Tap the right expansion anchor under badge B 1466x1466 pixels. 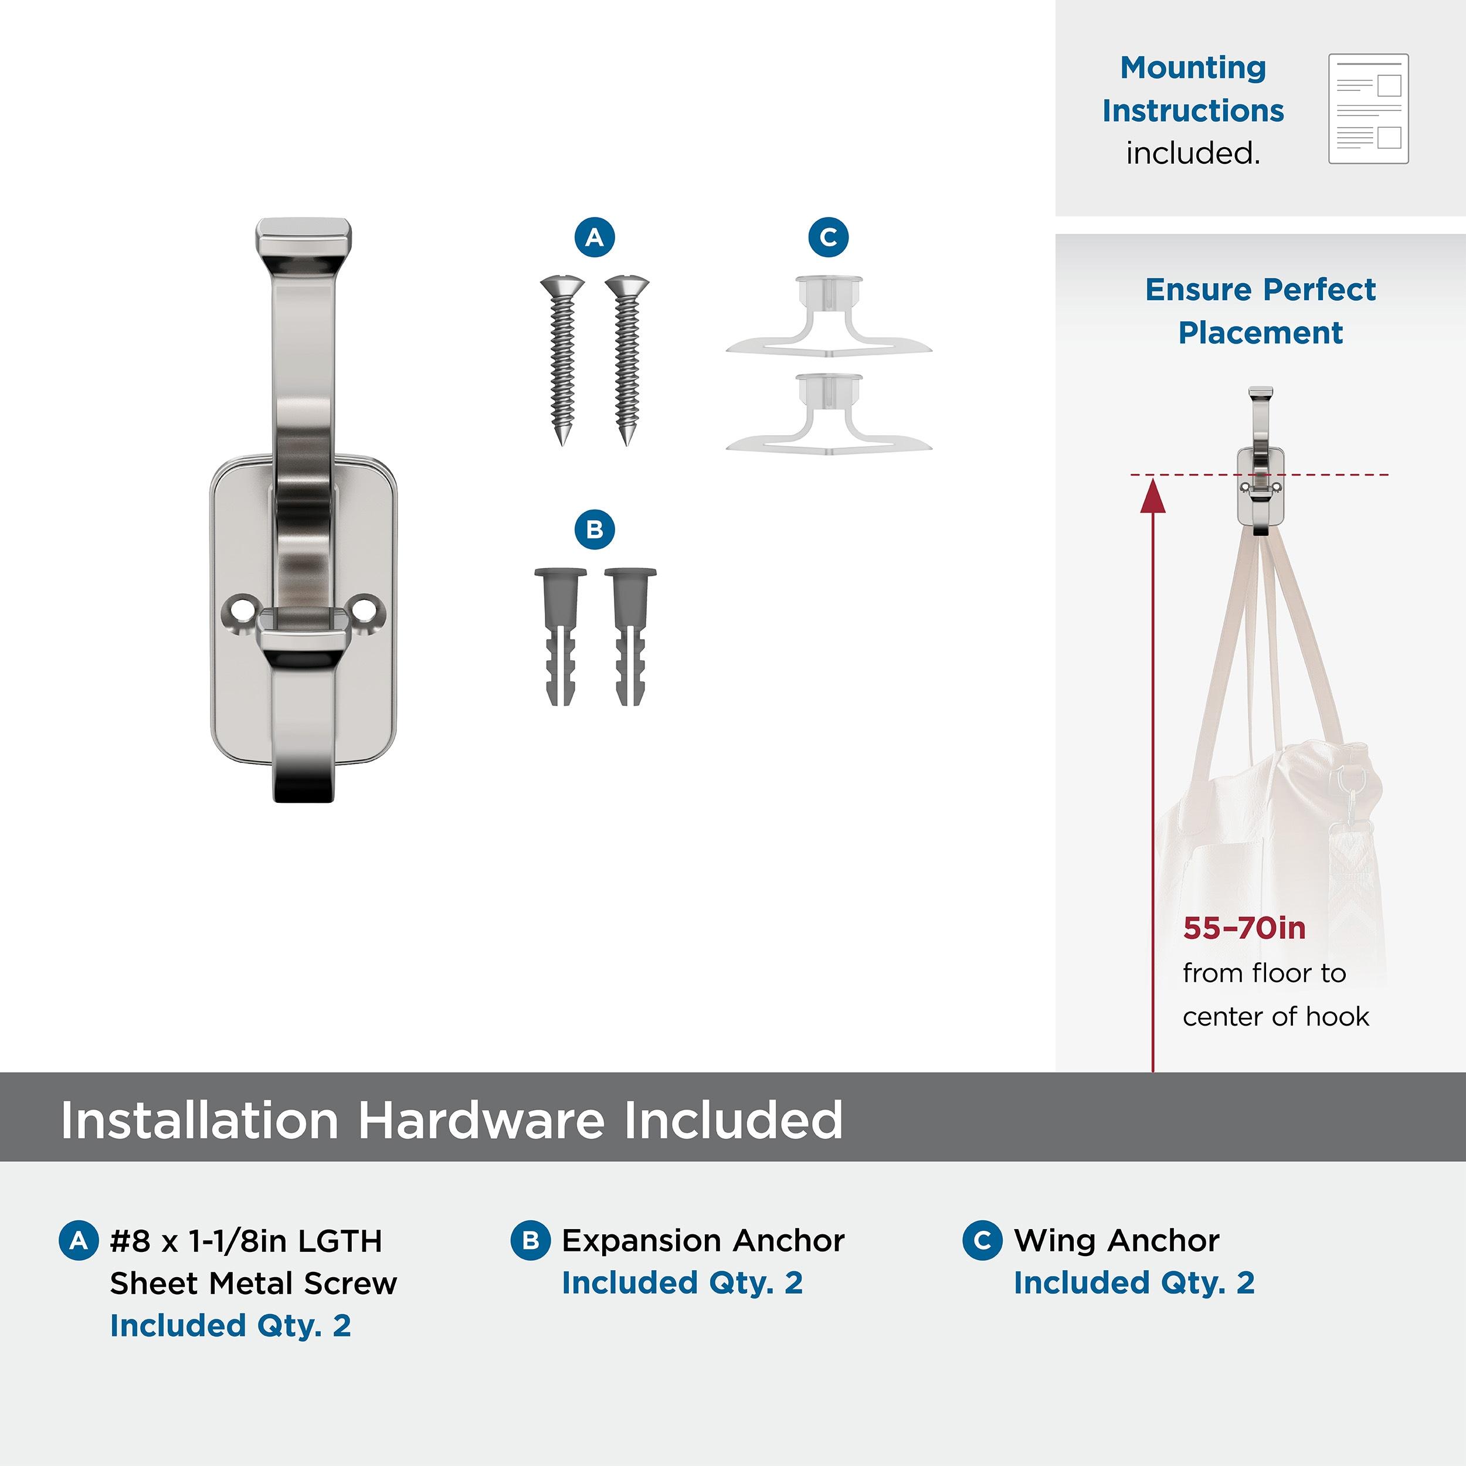[630, 636]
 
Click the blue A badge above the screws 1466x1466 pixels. [594, 237]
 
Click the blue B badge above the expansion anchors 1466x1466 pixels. [594, 530]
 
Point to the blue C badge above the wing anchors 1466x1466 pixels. [829, 237]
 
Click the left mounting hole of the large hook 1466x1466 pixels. [241, 609]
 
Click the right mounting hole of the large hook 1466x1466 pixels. [366, 609]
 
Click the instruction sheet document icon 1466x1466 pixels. [1368, 108]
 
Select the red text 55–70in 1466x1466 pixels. [1244, 928]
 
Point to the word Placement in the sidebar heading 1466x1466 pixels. [1260, 332]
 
